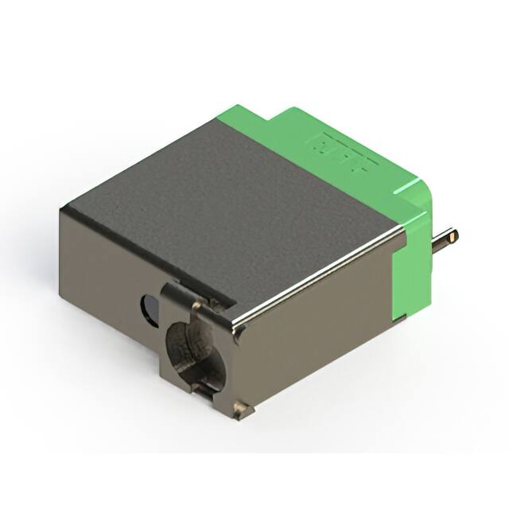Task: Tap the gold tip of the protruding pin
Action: tap(453, 235)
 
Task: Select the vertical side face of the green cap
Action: tap(414, 262)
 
